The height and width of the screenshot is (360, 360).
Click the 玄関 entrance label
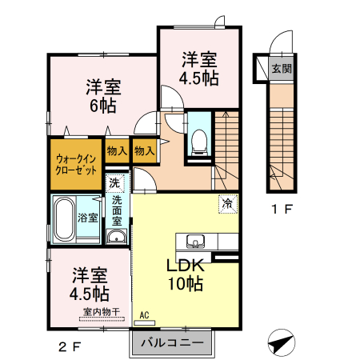[x=281, y=69]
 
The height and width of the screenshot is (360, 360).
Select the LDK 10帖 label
[x=186, y=274]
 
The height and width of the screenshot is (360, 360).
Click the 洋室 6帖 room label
[x=103, y=97]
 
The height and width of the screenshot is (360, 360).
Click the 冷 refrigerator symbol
[x=227, y=204]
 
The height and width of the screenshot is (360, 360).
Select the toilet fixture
[x=199, y=142]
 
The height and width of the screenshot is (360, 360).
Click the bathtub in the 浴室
[x=64, y=218]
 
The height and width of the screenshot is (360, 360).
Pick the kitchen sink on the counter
[x=194, y=241]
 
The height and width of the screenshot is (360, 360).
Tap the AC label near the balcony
[x=145, y=316]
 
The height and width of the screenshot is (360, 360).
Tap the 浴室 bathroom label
[x=88, y=218]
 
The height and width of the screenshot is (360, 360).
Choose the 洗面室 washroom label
[x=118, y=210]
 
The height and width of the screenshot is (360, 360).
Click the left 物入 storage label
[x=117, y=150]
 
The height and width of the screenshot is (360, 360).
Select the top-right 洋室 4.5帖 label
[x=199, y=69]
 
